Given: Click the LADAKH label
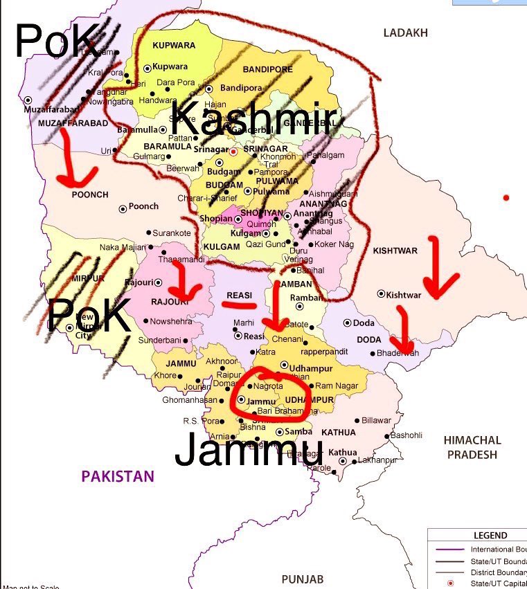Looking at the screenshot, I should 407,33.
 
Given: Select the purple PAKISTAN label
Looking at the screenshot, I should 118,476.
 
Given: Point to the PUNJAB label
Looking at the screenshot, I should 303,578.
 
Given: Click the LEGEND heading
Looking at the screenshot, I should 490,535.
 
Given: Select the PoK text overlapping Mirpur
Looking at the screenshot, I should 89,316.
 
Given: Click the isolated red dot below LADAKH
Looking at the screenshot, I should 506,198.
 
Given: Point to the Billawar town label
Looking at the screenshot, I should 376,420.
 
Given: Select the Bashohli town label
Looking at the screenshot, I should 406,435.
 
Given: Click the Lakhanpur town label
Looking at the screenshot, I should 377,460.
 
